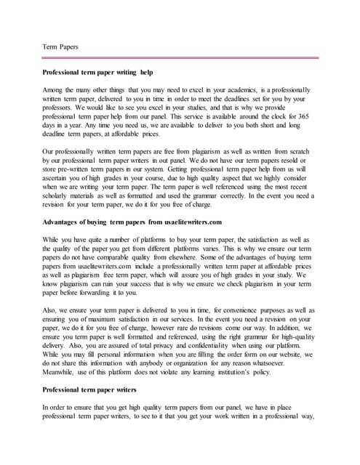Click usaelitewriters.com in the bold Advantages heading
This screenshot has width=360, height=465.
pos(185,222)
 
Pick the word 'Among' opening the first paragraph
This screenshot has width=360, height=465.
pos(55,89)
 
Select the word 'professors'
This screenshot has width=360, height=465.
pos(60,108)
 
